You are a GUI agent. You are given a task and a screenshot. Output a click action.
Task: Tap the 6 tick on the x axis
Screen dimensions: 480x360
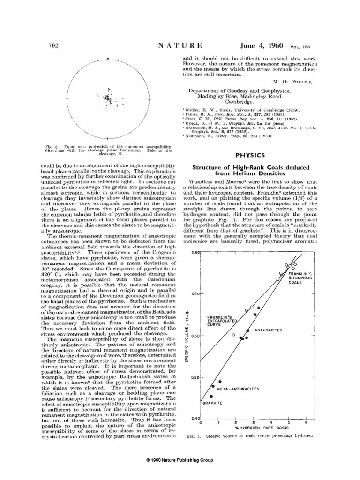pyautogui.click(x=306, y=423)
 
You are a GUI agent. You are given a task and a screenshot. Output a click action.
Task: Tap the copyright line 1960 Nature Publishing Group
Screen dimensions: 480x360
pyautogui.click(x=180, y=460)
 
